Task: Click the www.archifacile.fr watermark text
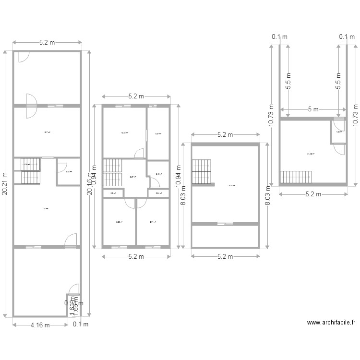(x=331, y=323)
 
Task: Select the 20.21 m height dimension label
(x=4, y=184)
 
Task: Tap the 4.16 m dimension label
(x=40, y=325)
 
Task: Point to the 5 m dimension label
(x=313, y=109)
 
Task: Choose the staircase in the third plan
(x=202, y=171)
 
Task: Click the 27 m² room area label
(x=46, y=209)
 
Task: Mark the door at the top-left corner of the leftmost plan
(x=23, y=57)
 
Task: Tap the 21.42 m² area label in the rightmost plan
(x=311, y=154)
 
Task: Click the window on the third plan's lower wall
(x=223, y=223)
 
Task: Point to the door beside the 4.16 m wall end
(x=73, y=289)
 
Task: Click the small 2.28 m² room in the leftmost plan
(x=68, y=171)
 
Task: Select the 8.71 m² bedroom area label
(x=153, y=222)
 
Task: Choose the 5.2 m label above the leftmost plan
(x=47, y=43)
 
